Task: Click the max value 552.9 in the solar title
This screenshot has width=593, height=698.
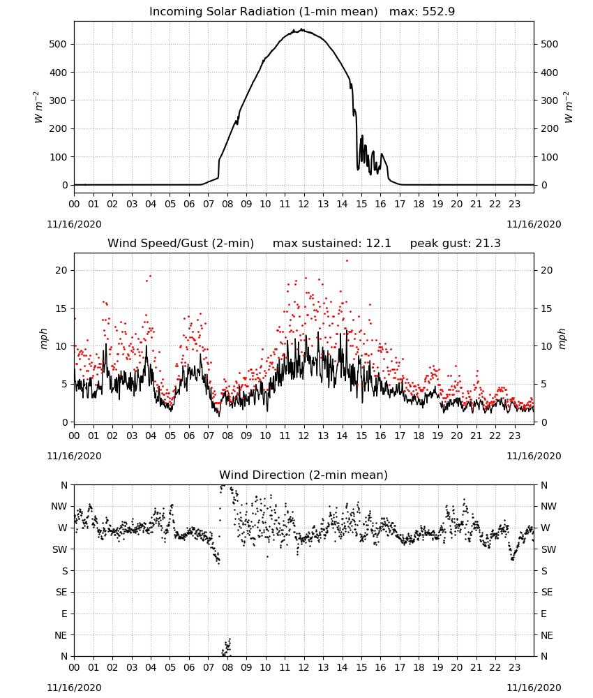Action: pyautogui.click(x=439, y=12)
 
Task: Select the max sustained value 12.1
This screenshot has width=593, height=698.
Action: pyautogui.click(x=379, y=244)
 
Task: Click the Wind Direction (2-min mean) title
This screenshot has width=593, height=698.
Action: pyautogui.click(x=303, y=475)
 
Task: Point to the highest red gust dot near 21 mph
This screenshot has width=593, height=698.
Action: pyautogui.click(x=347, y=261)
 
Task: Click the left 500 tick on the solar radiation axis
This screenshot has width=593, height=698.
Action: pyautogui.click(x=58, y=44)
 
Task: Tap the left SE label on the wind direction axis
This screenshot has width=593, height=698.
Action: pyautogui.click(x=61, y=592)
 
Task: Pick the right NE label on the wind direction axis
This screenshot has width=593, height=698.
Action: pyautogui.click(x=547, y=635)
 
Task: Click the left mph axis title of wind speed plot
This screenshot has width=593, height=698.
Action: pyautogui.click(x=43, y=339)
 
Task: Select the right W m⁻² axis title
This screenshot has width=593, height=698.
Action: pyautogui.click(x=569, y=107)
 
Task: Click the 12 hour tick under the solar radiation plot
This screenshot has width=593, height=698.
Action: pyautogui.click(x=304, y=204)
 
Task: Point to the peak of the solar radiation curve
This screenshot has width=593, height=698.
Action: pyautogui.click(x=303, y=29)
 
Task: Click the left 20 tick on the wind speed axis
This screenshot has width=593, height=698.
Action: pyautogui.click(x=61, y=270)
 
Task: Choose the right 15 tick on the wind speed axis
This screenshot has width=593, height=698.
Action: pyautogui.click(x=546, y=309)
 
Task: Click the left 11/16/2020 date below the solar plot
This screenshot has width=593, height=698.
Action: pyautogui.click(x=74, y=224)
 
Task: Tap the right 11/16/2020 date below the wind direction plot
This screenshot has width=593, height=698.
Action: pyautogui.click(x=534, y=688)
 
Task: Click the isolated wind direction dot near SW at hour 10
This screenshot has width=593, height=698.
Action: pyautogui.click(x=267, y=556)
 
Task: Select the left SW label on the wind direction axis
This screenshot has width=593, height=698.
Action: pyautogui.click(x=60, y=549)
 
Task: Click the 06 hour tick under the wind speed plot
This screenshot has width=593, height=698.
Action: pyautogui.click(x=189, y=436)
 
